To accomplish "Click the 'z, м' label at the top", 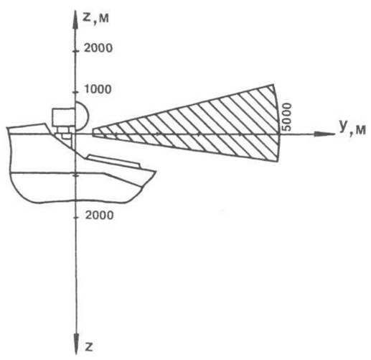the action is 95,18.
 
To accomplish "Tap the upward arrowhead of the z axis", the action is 76,19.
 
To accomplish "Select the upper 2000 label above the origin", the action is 98,48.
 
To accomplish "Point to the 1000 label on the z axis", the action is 98,89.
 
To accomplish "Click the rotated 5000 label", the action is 287,117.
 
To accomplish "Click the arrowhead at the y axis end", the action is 324,134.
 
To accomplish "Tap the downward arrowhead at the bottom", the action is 76,344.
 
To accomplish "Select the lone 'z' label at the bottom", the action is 89,346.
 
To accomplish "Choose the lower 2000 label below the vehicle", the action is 100,215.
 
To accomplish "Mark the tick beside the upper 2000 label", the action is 76,51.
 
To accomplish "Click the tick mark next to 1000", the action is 76,92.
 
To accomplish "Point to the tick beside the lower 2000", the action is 76,218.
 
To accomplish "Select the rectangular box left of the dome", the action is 64,117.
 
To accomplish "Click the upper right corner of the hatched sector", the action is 273,84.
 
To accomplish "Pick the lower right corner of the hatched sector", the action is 278,162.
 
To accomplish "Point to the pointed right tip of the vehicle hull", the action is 156,171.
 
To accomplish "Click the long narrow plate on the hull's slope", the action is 113,161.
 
